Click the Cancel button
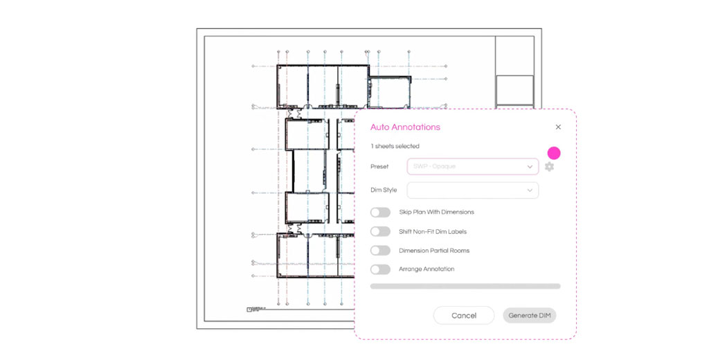pos(463,316)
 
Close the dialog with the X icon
pos(558,127)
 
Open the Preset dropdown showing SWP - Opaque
pos(472,166)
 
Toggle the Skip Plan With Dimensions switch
pos(380,213)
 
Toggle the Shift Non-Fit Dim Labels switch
pos(380,231)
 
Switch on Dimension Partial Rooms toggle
pos(380,251)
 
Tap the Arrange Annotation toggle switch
pos(380,269)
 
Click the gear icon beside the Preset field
pos(549,167)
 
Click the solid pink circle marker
pos(554,153)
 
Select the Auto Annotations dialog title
pos(405,127)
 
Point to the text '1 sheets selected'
pos(395,146)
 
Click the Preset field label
pos(379,166)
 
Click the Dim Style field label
pos(384,190)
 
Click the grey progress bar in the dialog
pos(465,286)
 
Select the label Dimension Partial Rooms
pos(434,251)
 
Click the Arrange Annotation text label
pos(427,269)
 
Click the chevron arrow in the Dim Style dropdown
pos(530,190)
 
